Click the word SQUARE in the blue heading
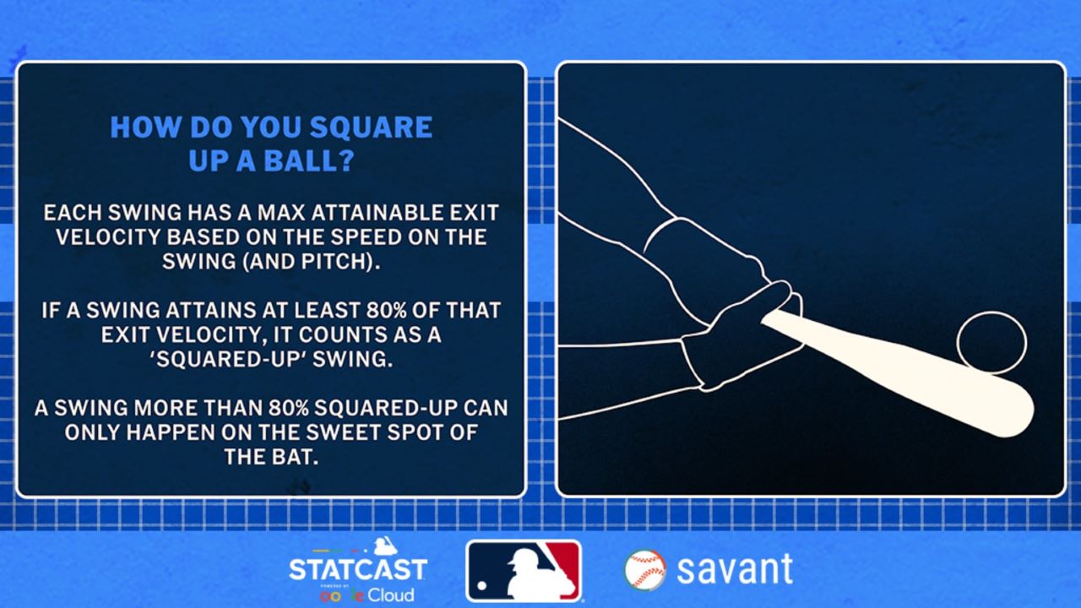click(x=371, y=127)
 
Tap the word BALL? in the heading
click(x=309, y=160)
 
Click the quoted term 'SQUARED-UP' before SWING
click(x=231, y=360)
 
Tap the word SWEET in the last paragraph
click(x=343, y=432)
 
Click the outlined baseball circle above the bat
click(x=991, y=312)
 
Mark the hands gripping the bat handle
click(x=738, y=333)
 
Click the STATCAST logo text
click(x=357, y=569)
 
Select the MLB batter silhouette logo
click(x=524, y=571)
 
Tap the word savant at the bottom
click(x=735, y=569)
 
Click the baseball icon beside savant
click(x=644, y=570)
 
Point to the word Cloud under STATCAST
click(x=390, y=595)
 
